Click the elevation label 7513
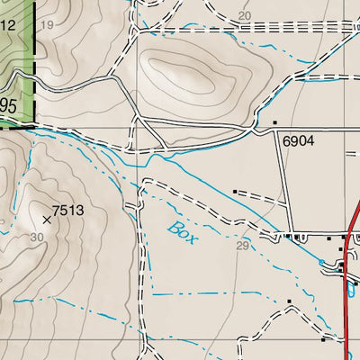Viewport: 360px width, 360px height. pos(68,211)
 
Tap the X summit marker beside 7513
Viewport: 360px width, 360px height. pos(47,218)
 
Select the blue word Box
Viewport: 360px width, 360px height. pos(179,227)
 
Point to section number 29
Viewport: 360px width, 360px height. pos(241,245)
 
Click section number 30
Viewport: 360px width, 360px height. pos(36,237)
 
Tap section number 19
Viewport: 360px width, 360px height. pos(48,24)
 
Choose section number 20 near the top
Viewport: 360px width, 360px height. pos(245,15)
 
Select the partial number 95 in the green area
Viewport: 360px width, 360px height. pos(8,106)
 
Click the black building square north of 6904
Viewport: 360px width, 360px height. pos(275,121)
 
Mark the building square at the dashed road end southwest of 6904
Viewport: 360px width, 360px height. pos(236,192)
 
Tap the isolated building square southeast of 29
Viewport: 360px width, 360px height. pos(289,301)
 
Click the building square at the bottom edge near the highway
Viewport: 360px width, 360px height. pos(323,340)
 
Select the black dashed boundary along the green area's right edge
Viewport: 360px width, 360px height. pos(35,63)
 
